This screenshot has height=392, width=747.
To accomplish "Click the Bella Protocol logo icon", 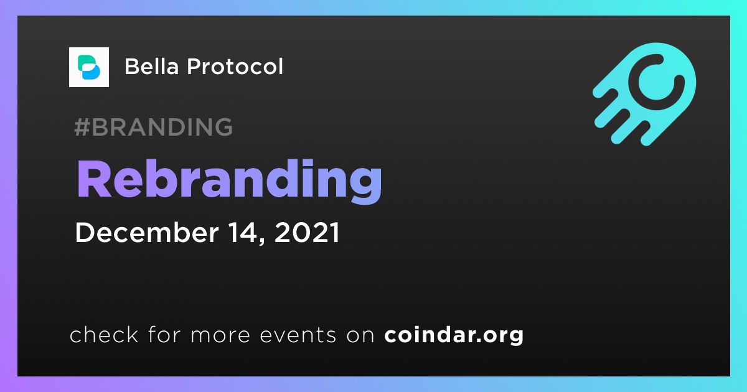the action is [x=88, y=67].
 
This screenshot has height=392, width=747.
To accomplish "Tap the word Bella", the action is [x=152, y=67].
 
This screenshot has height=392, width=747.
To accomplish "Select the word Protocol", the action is [x=235, y=67].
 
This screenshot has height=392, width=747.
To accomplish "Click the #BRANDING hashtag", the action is [x=153, y=127].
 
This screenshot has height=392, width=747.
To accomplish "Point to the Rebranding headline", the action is [x=230, y=180].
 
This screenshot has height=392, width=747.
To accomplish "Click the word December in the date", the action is [x=147, y=232].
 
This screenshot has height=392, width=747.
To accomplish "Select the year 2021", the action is [x=307, y=232].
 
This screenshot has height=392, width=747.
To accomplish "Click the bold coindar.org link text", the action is [x=454, y=335].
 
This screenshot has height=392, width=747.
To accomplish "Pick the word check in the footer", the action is [x=104, y=334].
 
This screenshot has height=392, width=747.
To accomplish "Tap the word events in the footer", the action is [x=298, y=335].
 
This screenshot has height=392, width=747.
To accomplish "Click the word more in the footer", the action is [x=220, y=335].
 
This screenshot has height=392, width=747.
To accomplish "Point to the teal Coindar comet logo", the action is [x=644, y=94].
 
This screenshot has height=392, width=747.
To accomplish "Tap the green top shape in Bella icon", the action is [x=86, y=62].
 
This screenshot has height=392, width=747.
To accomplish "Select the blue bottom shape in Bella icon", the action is [x=91, y=72].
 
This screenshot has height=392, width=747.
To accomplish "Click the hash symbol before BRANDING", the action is [x=82, y=127].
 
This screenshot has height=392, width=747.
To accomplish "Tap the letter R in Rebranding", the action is [x=94, y=179].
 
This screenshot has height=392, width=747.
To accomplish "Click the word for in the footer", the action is [x=164, y=334].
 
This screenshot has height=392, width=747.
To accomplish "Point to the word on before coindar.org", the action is [x=360, y=335].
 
